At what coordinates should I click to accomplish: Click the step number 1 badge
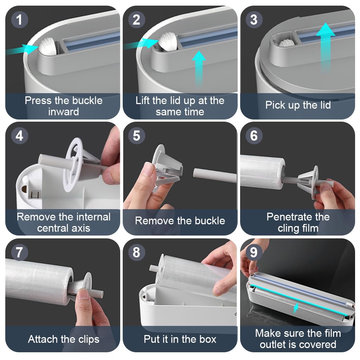coord(19,20)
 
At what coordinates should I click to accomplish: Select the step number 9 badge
coord(254,253)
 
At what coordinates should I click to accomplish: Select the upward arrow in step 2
coord(199,67)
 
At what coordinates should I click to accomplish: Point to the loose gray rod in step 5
coord(214,174)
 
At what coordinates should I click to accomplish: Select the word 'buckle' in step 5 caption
coord(208,221)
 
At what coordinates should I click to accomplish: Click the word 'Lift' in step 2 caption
coord(144,101)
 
